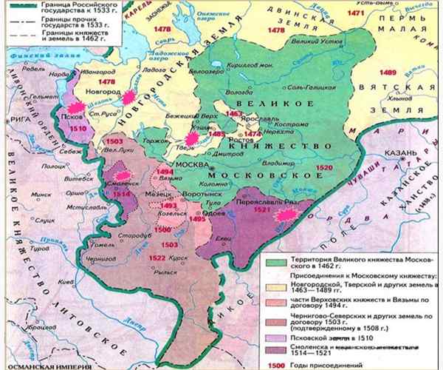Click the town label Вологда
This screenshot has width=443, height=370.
click(235, 92)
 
